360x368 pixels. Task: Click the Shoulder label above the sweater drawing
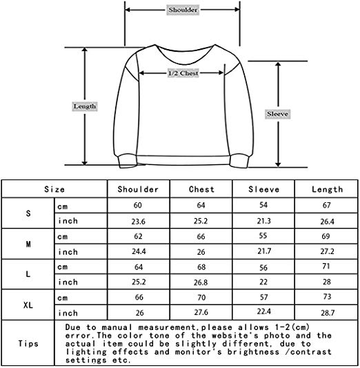point(183,10)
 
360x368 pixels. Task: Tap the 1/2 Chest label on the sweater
point(183,73)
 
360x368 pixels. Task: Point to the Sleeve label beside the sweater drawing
point(277,114)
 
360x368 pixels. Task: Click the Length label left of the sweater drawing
point(85,106)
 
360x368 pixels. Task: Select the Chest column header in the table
point(201,189)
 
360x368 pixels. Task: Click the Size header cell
point(54,189)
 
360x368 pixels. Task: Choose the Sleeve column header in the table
point(264,189)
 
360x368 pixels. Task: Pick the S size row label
point(28,213)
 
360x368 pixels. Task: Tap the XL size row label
point(28,305)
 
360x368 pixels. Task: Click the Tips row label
point(28,344)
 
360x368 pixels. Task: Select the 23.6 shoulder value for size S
point(139,222)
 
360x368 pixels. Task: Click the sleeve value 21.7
point(264,251)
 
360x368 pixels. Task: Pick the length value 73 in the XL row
point(327,296)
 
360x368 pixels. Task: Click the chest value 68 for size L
point(201,267)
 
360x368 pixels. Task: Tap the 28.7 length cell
point(328,313)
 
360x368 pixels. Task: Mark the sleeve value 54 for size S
point(263,205)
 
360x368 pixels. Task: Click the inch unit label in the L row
point(68,282)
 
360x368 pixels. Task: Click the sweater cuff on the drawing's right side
point(239,161)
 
